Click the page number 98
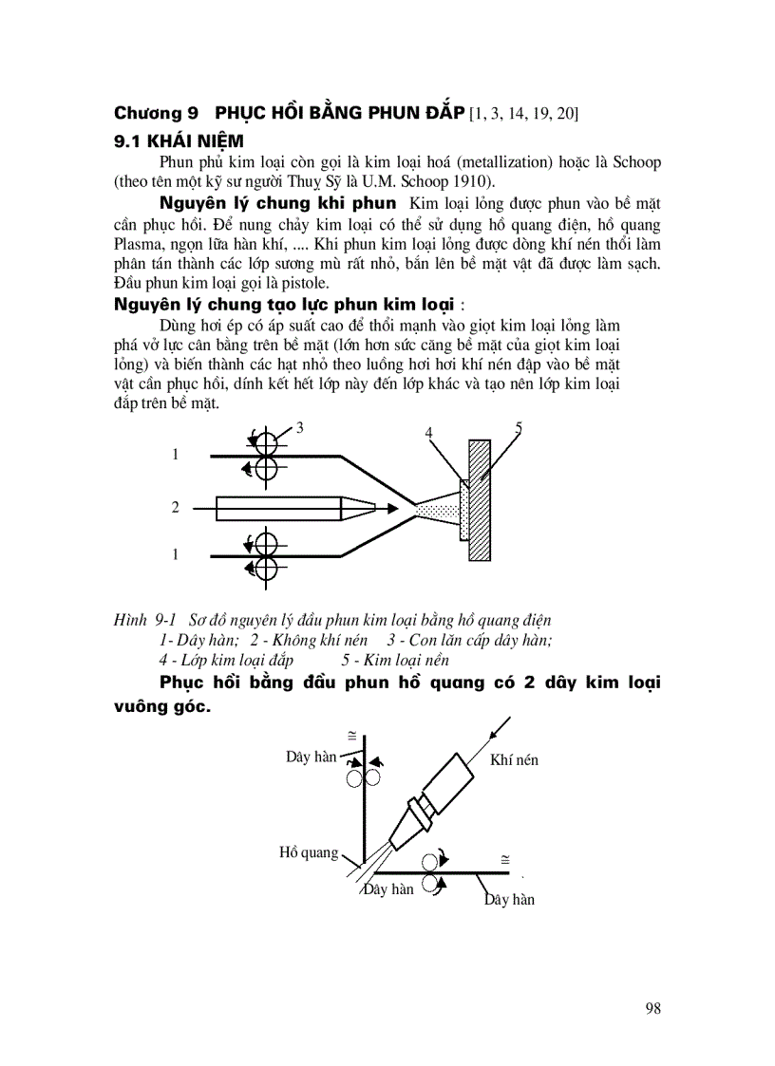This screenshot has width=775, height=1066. point(652,1008)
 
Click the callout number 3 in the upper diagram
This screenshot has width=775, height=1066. point(299,427)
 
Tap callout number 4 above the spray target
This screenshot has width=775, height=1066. point(429,432)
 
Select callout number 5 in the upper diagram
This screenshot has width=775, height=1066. point(518,427)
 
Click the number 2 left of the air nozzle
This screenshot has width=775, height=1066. point(175,508)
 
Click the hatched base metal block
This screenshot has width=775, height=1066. point(480,499)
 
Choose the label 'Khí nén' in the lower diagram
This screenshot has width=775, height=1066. point(514,759)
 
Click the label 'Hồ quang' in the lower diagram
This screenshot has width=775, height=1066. point(309,852)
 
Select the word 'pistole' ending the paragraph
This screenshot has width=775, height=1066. point(304,284)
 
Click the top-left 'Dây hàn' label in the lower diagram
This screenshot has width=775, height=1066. point(312,757)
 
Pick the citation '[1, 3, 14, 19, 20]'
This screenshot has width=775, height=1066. point(523,114)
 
